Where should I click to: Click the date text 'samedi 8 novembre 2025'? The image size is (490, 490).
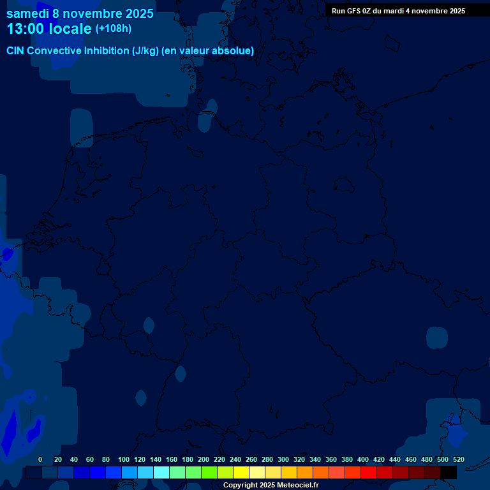pyautogui.click(x=80, y=13)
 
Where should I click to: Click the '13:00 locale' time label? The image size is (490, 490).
pyautogui.click(x=49, y=29)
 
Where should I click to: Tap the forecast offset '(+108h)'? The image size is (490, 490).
pyautogui.click(x=114, y=29)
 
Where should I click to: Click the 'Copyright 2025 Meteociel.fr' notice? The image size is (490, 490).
pyautogui.click(x=271, y=486)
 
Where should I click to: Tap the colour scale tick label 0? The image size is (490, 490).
pyautogui.click(x=40, y=459)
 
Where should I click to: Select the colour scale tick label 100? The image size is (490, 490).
pyautogui.click(x=123, y=459)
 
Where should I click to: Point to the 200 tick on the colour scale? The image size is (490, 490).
pyautogui.click(x=203, y=459)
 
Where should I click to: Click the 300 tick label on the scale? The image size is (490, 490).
pyautogui.click(x=283, y=459)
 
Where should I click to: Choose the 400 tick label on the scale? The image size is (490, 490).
pyautogui.click(x=362, y=459)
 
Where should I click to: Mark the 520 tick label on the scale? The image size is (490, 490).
pyautogui.click(x=458, y=459)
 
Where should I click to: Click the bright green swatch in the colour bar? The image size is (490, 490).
pyautogui.click(x=209, y=473)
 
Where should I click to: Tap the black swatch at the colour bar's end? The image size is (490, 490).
pyautogui.click(x=448, y=473)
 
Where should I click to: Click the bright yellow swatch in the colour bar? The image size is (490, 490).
pyautogui.click(x=241, y=473)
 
